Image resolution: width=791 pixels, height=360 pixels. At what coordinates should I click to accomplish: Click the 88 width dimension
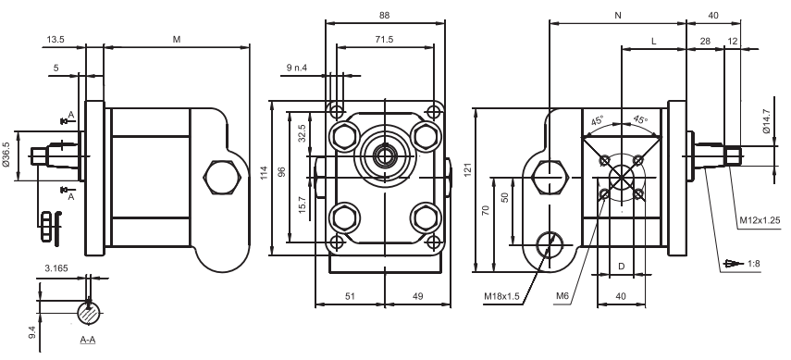point(385,16)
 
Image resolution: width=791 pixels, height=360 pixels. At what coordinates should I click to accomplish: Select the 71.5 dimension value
point(385,40)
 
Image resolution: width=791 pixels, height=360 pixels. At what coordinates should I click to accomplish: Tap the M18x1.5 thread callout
point(501,296)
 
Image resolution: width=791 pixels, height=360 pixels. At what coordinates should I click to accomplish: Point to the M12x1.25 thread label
point(760,220)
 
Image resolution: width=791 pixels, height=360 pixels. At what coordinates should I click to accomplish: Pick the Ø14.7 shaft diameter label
point(767,121)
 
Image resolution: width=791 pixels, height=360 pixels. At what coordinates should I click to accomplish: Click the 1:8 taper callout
point(754,263)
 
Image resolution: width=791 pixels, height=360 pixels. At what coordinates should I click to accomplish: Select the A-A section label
point(88,340)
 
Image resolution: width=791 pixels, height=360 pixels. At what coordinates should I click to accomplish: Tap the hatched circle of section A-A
point(90,313)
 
